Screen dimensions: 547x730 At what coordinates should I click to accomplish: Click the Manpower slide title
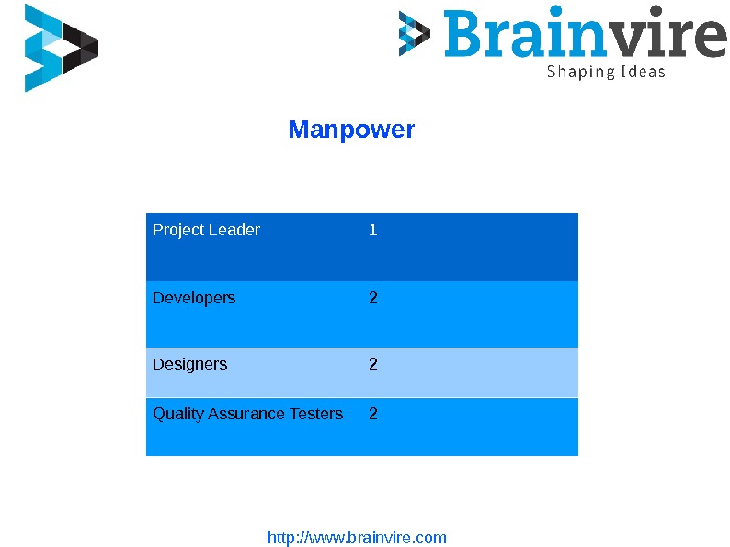[x=351, y=130]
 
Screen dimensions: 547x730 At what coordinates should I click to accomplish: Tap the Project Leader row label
[x=206, y=230]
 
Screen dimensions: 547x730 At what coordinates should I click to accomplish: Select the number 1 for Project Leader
[x=372, y=230]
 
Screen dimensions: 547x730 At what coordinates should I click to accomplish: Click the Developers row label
[x=194, y=298]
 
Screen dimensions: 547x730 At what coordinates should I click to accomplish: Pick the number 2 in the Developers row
[x=372, y=298]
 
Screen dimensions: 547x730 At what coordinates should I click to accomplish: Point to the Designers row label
[x=189, y=364]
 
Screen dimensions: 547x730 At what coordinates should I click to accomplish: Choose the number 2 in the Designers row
[x=372, y=364]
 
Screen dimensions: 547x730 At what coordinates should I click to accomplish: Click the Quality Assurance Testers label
[x=247, y=414]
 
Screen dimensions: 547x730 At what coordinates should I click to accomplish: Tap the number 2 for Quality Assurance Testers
[x=372, y=414]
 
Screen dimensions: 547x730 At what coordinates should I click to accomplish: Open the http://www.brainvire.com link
[x=357, y=538]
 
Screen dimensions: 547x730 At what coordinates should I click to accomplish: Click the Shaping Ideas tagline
[x=606, y=72]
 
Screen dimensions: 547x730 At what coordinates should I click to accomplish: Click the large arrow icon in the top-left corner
[x=61, y=48]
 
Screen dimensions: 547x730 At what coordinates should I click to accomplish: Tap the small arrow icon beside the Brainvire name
[x=414, y=34]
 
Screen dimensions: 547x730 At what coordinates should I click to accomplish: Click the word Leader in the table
[x=237, y=230]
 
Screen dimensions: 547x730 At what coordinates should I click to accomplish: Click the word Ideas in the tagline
[x=642, y=72]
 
